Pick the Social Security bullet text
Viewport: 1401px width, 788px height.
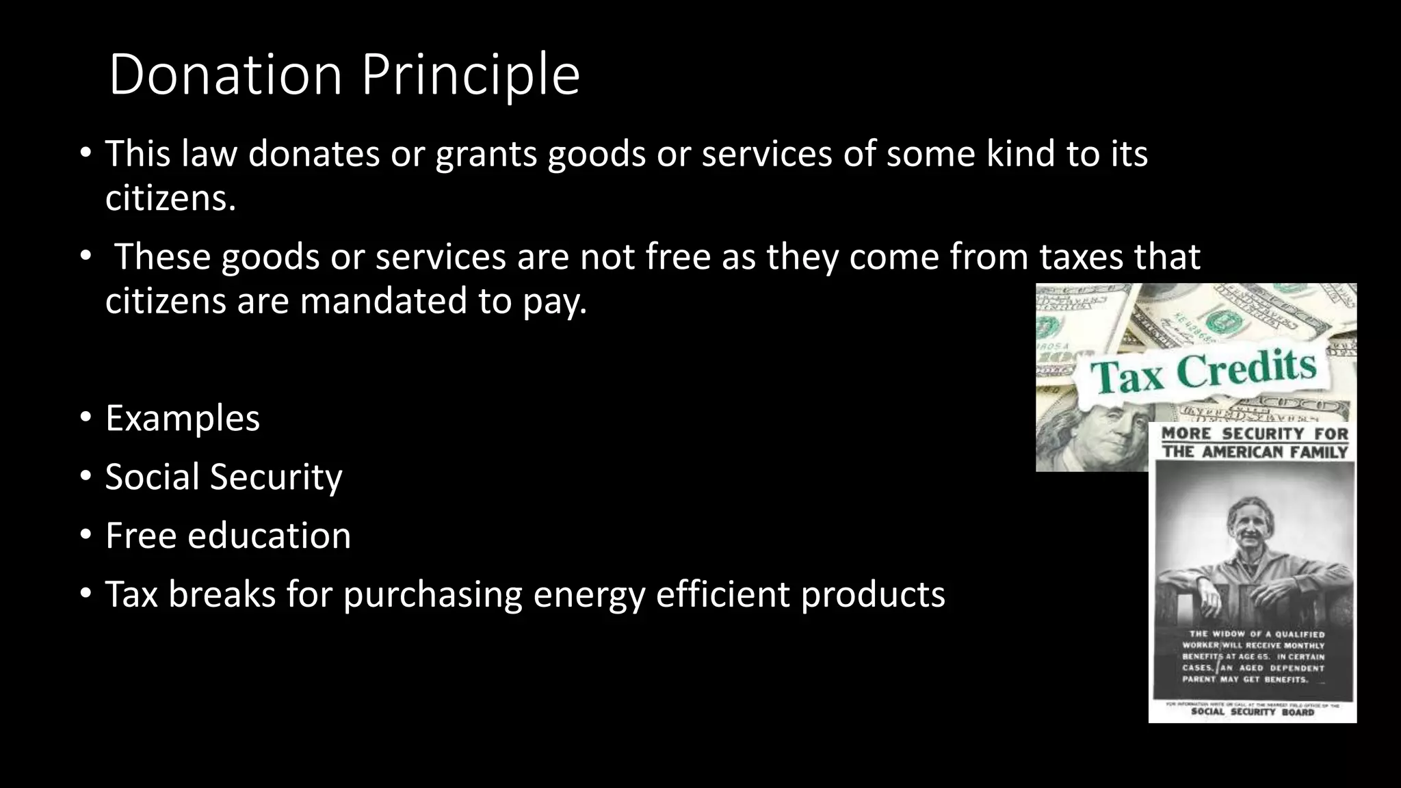tap(224, 477)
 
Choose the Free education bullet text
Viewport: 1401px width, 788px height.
tap(228, 536)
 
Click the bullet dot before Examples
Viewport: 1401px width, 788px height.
tap(85, 418)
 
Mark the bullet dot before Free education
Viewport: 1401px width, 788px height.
tap(85, 536)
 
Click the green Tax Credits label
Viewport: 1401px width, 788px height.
tap(1203, 373)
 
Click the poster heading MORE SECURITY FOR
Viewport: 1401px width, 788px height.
tap(1255, 434)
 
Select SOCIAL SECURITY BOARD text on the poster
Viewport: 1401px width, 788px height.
tap(1253, 712)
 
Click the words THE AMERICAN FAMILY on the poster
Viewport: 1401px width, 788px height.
tap(1255, 451)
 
